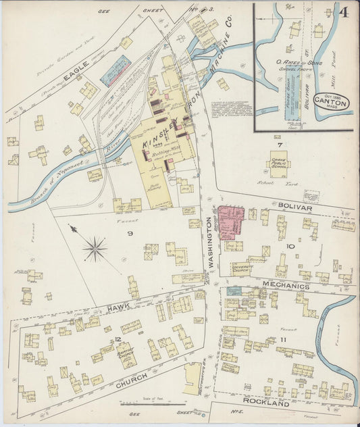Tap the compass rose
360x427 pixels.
[x=95, y=249]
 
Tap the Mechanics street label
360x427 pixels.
[x=286, y=286]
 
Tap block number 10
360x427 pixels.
[x=290, y=247]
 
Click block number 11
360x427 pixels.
[x=284, y=338]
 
